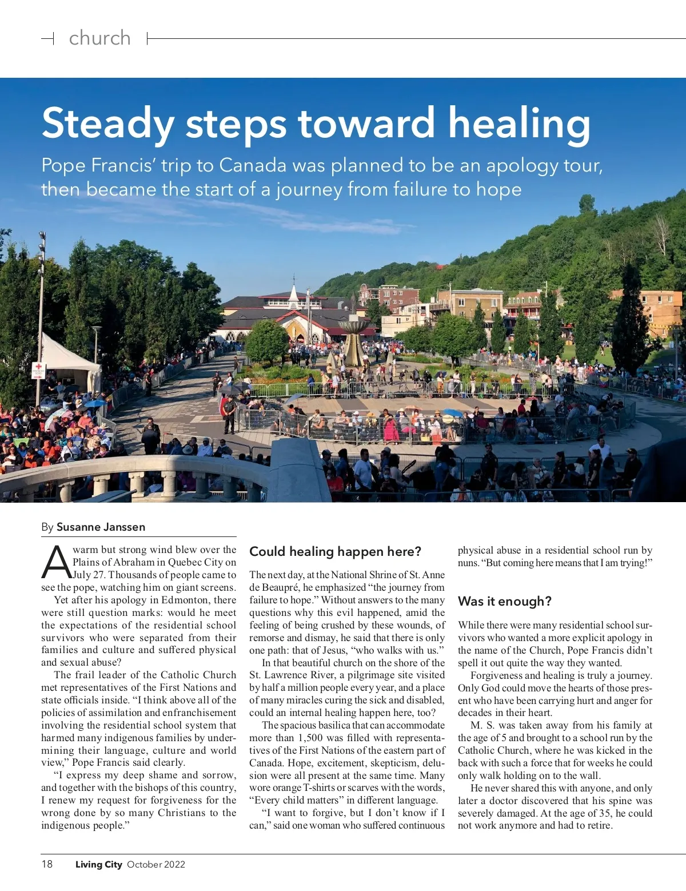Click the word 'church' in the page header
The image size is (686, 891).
[x=99, y=38]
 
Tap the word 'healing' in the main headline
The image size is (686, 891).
[x=519, y=124]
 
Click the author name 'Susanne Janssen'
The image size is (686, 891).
[x=101, y=527]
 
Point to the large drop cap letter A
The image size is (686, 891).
[x=55, y=562]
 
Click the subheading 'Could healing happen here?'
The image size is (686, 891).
[x=335, y=551]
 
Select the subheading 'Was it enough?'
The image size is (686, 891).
[x=504, y=601]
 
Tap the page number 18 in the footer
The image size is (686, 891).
[x=47, y=864]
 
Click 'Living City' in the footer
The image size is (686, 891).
[x=98, y=864]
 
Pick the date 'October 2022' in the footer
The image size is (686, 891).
[x=156, y=864]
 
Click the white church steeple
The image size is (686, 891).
[x=294, y=293]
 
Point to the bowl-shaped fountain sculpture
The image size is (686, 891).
[x=353, y=329]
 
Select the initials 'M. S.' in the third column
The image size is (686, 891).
[x=483, y=725]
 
